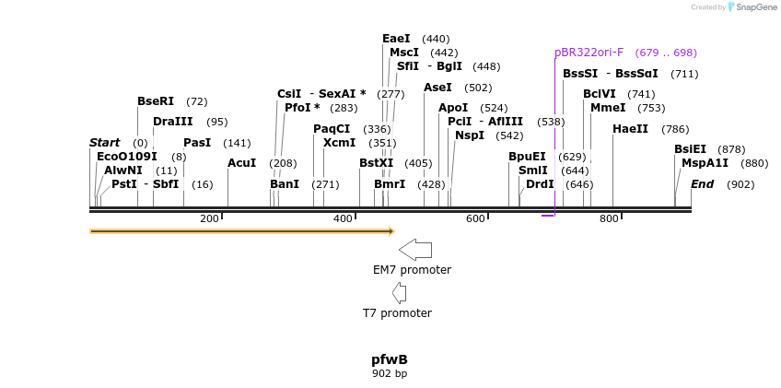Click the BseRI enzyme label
click(155, 101)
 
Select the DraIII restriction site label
click(172, 122)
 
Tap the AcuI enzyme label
click(241, 163)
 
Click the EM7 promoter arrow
click(415, 249)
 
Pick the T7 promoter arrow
click(399, 293)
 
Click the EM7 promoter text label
click(412, 270)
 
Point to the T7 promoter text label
click(397, 313)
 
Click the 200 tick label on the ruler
click(209, 218)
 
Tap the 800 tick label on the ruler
click(609, 218)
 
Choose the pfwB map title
click(389, 359)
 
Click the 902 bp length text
click(389, 374)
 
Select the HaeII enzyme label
click(630, 129)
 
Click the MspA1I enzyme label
click(705, 163)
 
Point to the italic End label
click(702, 184)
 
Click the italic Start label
click(104, 143)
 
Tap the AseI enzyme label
click(437, 88)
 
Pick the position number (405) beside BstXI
click(417, 163)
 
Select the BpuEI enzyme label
click(527, 157)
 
